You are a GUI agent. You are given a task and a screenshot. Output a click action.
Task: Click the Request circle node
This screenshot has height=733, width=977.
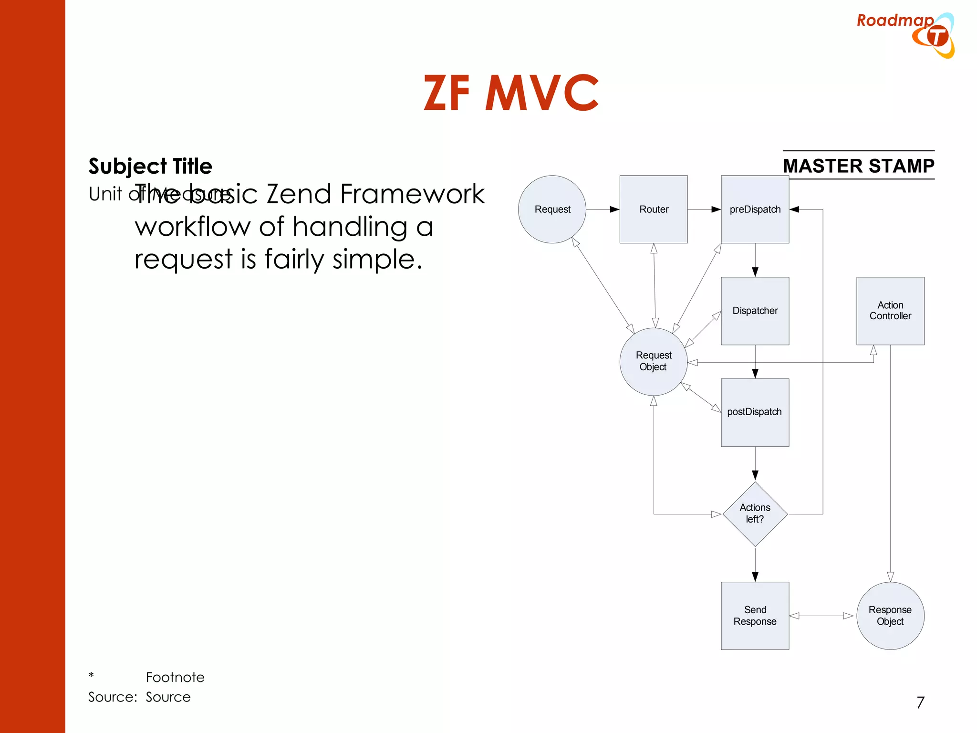(x=552, y=209)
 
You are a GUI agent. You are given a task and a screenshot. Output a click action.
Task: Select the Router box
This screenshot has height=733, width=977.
(x=654, y=209)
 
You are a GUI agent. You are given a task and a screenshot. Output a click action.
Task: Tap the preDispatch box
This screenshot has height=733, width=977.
(x=755, y=209)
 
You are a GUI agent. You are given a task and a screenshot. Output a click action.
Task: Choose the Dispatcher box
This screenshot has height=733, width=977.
(x=755, y=311)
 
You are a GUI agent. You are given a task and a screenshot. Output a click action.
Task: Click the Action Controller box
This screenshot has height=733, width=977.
(x=890, y=311)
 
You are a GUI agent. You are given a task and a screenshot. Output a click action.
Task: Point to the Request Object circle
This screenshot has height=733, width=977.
(x=653, y=361)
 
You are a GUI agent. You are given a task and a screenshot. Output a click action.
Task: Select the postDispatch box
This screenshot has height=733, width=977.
(x=755, y=412)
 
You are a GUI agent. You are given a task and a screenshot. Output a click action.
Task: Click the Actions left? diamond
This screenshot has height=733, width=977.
(x=755, y=513)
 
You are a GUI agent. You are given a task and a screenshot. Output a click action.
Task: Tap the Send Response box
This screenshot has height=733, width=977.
(x=755, y=616)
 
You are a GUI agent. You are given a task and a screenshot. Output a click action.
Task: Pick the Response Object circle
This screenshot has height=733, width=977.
(x=890, y=616)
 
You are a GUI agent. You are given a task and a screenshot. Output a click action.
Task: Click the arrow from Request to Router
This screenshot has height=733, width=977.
(x=603, y=209)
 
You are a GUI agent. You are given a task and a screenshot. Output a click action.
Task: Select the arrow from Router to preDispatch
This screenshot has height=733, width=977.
(x=704, y=209)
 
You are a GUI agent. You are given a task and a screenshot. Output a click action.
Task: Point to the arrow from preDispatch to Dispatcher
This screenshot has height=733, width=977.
(x=755, y=260)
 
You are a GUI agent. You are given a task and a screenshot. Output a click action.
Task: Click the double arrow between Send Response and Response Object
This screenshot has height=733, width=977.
(x=821, y=616)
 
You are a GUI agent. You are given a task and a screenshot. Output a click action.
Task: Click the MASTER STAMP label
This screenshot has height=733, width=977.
(x=858, y=166)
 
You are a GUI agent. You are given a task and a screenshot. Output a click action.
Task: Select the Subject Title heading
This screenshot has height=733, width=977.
(x=150, y=166)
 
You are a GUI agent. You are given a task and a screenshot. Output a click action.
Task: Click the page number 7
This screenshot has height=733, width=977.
(x=920, y=702)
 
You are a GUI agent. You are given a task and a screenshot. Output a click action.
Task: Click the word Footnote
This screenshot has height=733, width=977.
(x=175, y=677)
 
